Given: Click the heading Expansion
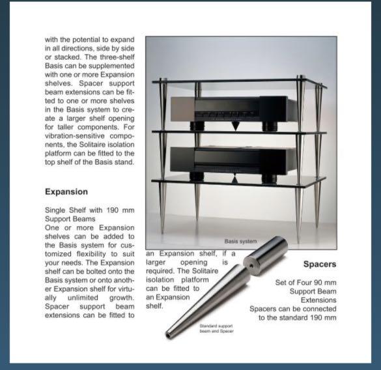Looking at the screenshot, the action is pos(66,192).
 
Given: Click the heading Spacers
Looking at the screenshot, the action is pos(320,264).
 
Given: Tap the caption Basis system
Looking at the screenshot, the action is pos(240,240).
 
